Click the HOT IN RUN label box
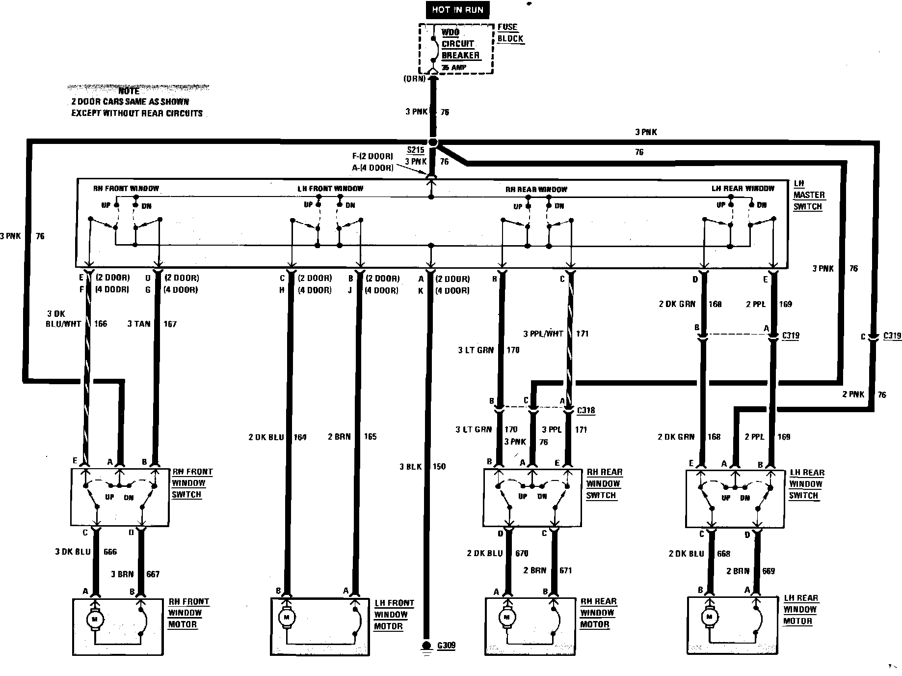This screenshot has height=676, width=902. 457,10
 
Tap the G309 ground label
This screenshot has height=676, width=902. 446,645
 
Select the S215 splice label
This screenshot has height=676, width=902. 415,150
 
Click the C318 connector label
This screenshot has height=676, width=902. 586,410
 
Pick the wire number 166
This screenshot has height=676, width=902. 100,324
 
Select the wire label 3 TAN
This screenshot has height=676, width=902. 138,324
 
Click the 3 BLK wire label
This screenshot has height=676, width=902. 410,466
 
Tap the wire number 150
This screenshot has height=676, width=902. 439,466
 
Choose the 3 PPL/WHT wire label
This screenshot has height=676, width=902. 543,334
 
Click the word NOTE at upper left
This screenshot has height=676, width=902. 129,91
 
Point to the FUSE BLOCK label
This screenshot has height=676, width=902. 510,33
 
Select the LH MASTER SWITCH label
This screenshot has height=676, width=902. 809,195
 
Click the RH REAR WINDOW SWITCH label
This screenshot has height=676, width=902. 604,483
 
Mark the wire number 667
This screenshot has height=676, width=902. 153,574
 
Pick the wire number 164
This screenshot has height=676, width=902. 300,437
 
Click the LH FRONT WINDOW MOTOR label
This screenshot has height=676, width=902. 394,615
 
